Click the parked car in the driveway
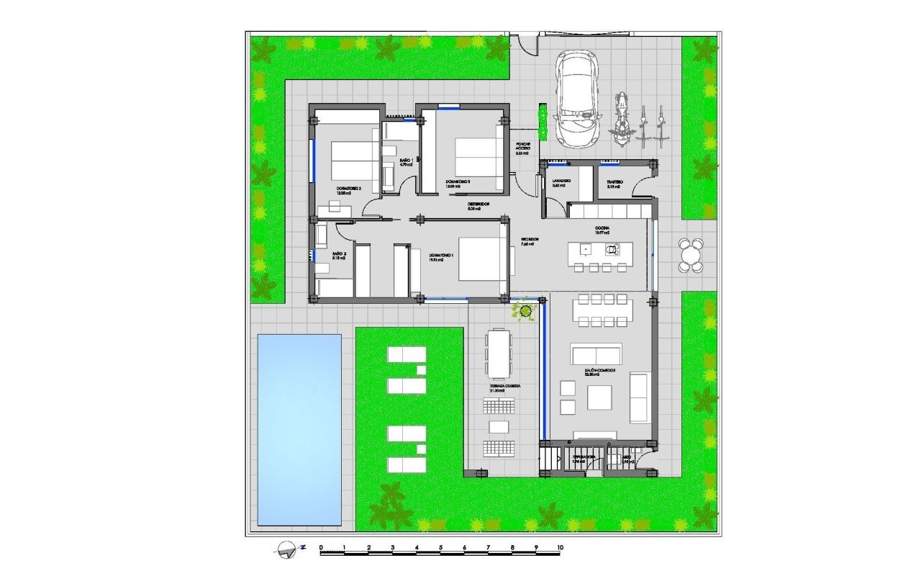577,99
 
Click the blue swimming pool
299,429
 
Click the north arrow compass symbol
286,549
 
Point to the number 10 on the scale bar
560,547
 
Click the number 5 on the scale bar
440,547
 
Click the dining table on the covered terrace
498,353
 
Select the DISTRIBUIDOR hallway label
478,204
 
